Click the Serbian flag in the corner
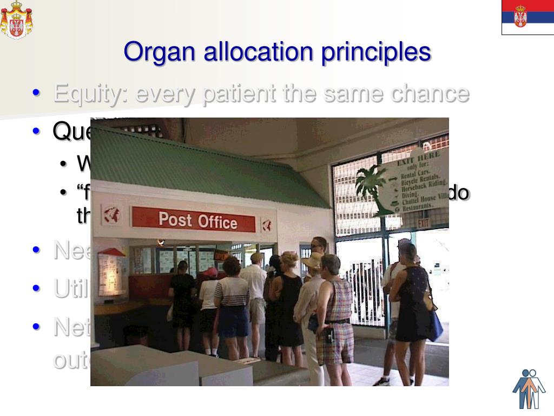point(527,17)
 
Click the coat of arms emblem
point(16,19)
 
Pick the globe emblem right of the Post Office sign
point(266,225)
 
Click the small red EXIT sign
point(424,223)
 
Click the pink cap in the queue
point(210,271)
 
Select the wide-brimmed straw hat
point(313,262)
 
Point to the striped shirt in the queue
point(232,291)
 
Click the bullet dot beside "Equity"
point(36,93)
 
